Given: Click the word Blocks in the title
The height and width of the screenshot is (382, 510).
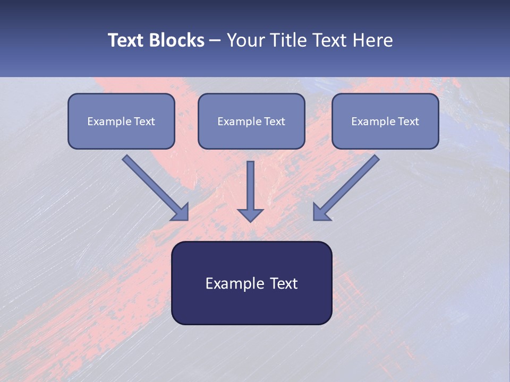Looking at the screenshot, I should pos(177,40).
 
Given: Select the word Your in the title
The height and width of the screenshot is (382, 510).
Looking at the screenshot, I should pos(245,40).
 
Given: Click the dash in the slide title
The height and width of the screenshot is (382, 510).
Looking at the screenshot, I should pos(215,41).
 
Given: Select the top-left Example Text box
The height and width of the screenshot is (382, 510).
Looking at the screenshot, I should pos(121,121).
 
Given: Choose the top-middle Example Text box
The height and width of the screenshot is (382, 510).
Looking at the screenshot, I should pos(251,121).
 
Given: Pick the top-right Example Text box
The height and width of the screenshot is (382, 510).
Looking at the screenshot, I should pos(385,121).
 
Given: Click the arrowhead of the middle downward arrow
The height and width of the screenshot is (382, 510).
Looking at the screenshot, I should pos(250,214).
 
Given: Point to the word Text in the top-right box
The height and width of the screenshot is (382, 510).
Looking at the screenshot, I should pos(409,121).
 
